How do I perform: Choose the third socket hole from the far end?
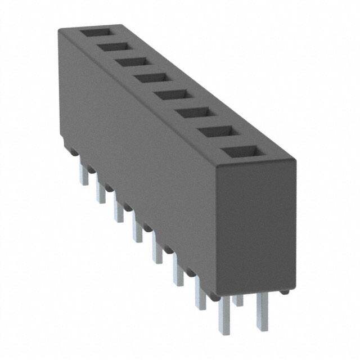click(x=132, y=62)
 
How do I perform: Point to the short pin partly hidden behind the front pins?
click(x=238, y=300)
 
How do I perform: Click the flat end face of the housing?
click(x=256, y=225)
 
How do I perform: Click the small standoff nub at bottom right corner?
click(x=286, y=292)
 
